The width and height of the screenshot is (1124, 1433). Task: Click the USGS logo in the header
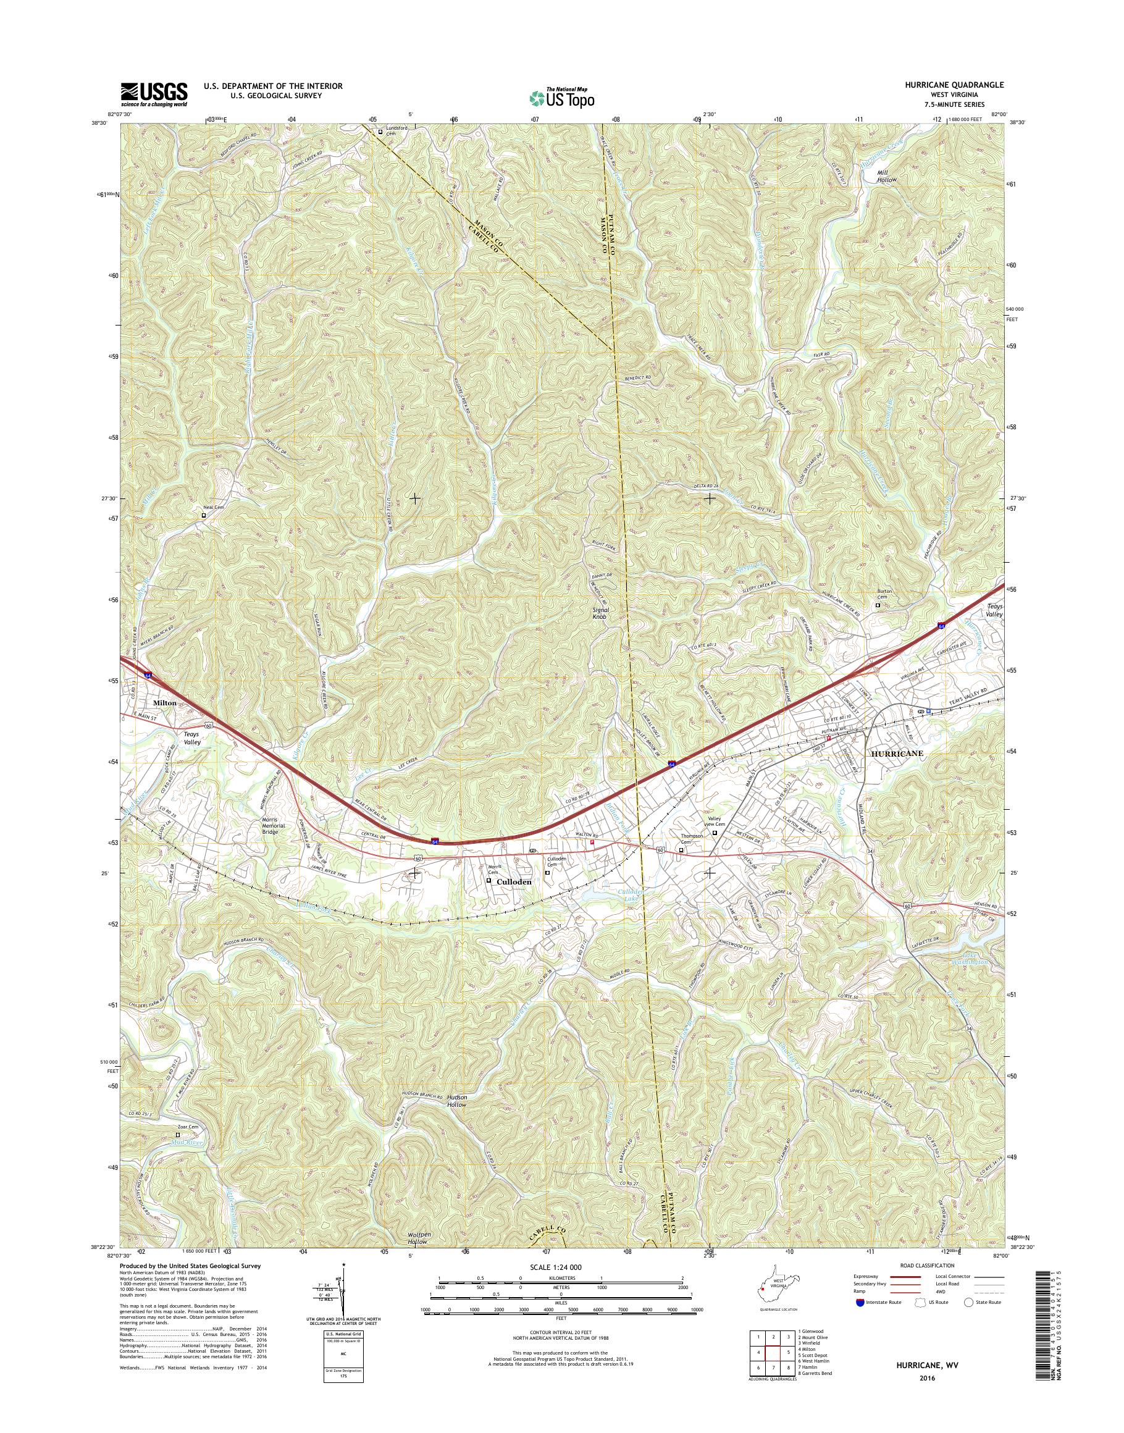[x=153, y=94]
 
